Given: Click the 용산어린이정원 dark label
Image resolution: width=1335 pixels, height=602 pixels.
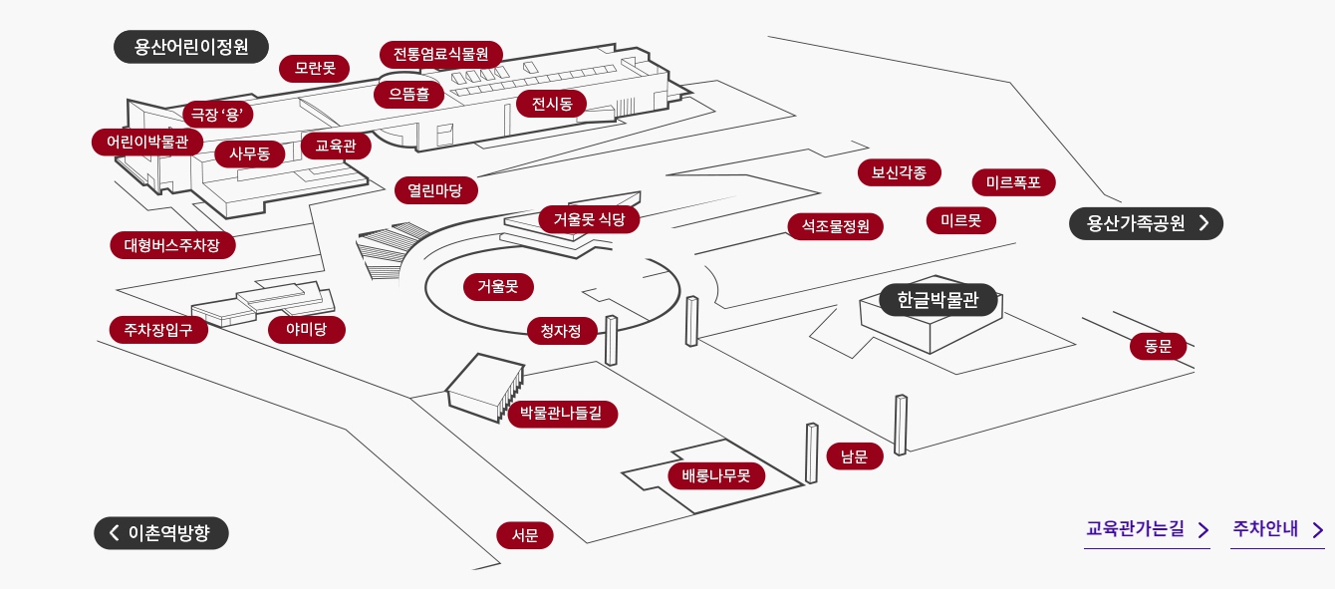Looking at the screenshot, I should coord(191,47).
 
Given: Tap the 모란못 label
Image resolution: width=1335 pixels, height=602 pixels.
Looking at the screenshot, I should coord(315,69).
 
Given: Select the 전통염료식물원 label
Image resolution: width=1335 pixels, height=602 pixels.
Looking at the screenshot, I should coord(441,54).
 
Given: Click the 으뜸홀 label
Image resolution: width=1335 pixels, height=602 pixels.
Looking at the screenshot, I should coord(408,95).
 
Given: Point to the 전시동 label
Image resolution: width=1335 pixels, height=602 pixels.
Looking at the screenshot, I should coord(552,104).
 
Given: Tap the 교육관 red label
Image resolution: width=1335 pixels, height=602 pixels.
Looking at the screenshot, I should coord(336,147).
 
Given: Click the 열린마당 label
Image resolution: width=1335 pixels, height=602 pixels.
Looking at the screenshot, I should coord(435,190).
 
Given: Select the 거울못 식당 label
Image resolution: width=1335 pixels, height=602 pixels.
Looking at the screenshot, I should coord(589,219).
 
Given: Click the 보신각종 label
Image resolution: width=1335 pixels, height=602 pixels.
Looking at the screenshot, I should coord(899,172).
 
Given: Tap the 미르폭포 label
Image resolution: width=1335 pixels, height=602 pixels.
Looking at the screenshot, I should coord(1013,182).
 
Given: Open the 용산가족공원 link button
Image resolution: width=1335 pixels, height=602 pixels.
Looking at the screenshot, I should coord(1146,223).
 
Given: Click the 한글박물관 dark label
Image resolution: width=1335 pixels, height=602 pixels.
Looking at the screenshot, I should coord(938,300).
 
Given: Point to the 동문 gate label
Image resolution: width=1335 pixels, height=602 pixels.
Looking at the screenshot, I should coord(1158,347).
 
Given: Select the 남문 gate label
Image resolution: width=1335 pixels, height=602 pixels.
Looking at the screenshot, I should coord(854,457).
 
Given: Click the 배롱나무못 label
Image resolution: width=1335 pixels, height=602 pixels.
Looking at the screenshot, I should coord(716,475).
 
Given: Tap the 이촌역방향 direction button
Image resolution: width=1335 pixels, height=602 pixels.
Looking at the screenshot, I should coord(161,533).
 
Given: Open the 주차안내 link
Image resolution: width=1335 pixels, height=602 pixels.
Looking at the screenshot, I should coord(1277,529).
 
